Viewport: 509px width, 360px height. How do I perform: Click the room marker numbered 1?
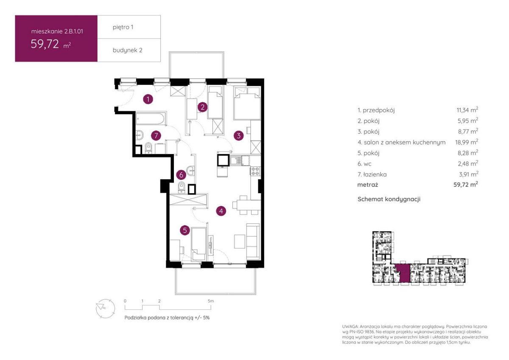148,99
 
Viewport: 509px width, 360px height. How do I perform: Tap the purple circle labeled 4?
221,211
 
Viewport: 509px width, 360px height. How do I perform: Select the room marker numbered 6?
181,175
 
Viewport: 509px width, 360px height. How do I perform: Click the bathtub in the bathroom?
151,118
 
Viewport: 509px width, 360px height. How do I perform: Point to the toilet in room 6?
182,187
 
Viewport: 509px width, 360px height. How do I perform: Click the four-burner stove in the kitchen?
255,171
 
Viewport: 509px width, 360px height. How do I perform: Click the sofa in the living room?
253,241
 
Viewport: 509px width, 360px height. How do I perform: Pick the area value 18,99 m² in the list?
467,142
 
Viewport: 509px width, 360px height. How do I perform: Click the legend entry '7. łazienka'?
372,174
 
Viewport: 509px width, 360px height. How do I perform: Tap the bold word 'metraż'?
367,185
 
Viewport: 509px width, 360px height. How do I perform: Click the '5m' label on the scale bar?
211,301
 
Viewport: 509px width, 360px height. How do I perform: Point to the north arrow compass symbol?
105,308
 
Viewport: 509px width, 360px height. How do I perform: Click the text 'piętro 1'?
123,27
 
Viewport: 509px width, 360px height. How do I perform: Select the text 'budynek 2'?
128,50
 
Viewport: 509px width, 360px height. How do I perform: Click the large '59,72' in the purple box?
45,44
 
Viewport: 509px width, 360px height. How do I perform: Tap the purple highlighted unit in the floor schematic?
402,273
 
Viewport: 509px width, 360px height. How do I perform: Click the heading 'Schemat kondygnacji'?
389,199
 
